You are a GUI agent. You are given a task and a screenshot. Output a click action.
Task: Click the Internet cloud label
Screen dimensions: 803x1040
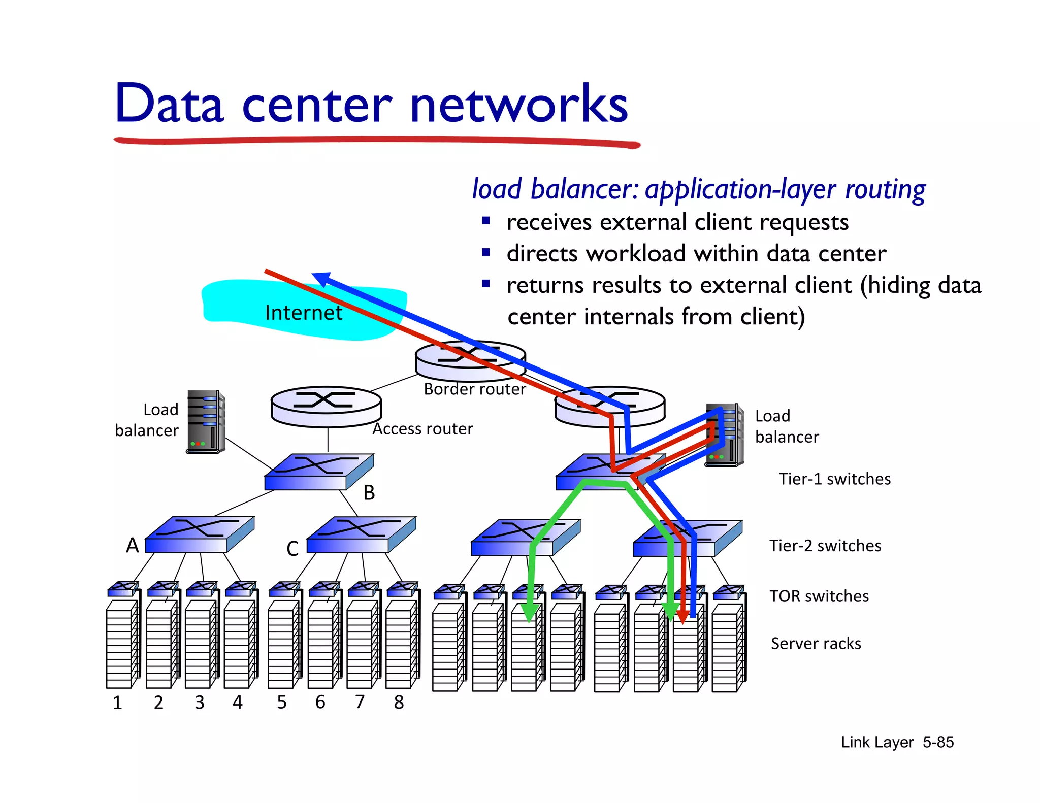303,313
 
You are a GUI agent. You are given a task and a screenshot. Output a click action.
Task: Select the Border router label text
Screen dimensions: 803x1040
474,389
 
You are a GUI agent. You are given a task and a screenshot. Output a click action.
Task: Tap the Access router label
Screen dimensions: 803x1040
422,429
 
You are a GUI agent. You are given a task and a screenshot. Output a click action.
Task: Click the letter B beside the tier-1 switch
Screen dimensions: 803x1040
369,493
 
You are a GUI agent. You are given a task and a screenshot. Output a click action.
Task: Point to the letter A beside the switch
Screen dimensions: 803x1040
132,545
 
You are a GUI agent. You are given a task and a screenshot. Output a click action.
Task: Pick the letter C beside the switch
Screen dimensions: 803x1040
292,549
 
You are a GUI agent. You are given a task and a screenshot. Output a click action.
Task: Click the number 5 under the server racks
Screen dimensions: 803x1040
281,702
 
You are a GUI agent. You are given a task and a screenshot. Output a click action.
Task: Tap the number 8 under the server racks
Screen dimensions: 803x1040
399,702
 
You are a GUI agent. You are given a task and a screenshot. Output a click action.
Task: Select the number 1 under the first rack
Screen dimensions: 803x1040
117,702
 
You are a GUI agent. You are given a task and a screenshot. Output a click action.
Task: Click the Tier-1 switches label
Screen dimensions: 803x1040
834,479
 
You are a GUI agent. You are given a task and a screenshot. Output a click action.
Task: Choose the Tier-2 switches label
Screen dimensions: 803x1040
825,546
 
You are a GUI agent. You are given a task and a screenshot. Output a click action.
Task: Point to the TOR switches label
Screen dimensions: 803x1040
819,596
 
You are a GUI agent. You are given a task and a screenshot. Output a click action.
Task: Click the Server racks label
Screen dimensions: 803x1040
816,644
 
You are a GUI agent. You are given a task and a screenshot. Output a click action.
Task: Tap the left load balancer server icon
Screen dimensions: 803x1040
206,422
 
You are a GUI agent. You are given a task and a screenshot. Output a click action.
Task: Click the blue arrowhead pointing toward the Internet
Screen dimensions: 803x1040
321,279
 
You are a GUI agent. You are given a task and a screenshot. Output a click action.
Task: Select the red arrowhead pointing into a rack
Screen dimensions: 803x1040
683,616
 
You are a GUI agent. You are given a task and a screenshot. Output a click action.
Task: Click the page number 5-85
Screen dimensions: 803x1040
938,742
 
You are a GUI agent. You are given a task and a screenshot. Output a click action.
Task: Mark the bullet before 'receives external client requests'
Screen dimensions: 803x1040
486,221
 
